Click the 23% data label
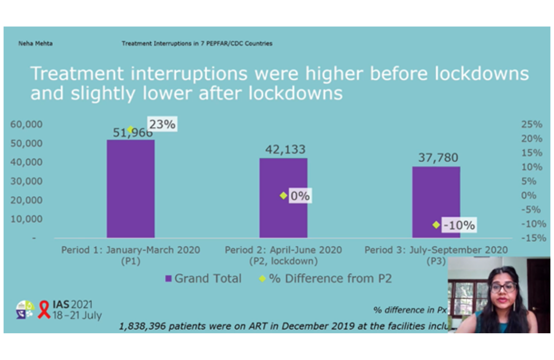(x=162, y=124)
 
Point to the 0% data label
(x=300, y=196)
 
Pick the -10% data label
(x=458, y=225)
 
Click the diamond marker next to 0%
(x=283, y=196)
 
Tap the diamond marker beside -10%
(x=436, y=225)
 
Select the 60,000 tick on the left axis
(x=26, y=124)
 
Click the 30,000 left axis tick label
(x=26, y=181)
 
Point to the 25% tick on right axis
(x=532, y=124)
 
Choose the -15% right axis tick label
(x=531, y=238)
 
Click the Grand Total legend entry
(x=203, y=278)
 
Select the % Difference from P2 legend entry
(x=325, y=278)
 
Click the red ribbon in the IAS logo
(x=44, y=310)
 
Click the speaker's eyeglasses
(x=503, y=287)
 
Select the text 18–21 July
(x=77, y=316)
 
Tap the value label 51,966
(x=133, y=133)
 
